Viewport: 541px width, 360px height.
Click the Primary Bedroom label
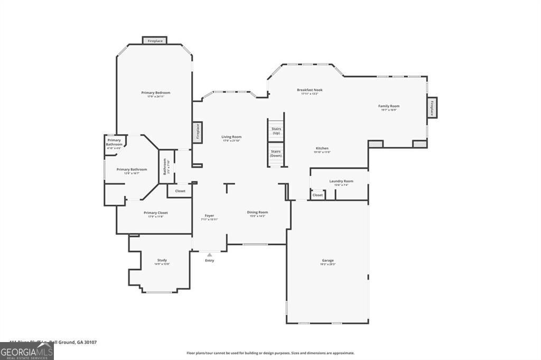click(x=155, y=93)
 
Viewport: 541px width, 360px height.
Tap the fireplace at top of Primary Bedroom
click(x=155, y=41)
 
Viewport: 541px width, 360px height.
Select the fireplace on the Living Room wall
click(x=197, y=132)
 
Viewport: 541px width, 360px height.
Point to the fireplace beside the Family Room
click(x=432, y=108)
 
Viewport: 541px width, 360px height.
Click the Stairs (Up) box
click(x=276, y=131)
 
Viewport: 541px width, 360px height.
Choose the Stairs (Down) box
click(x=276, y=154)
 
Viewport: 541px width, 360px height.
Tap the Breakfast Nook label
click(x=310, y=90)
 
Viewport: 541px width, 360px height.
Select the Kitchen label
click(x=322, y=149)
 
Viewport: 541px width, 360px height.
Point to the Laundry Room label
click(x=341, y=182)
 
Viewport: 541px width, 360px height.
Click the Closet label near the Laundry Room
click(x=318, y=195)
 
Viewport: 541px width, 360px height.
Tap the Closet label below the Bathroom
click(x=180, y=191)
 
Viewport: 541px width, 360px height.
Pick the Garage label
click(x=328, y=261)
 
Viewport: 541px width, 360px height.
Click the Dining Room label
click(x=258, y=213)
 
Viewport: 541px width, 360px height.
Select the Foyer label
click(x=209, y=216)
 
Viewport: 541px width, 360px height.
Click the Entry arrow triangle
click(x=209, y=255)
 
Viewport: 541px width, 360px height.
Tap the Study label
click(x=162, y=261)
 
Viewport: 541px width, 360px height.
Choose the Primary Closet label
click(x=155, y=213)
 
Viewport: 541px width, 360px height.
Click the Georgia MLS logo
click(x=26, y=351)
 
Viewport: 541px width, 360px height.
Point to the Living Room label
click(x=231, y=137)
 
